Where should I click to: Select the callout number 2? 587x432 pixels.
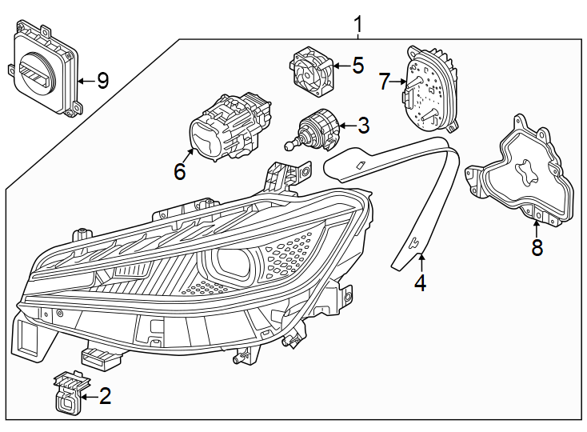coord(105,395)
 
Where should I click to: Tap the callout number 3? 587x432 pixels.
coord(363,126)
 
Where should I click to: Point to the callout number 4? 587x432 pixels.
coord(420,283)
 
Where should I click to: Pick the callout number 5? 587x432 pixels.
coord(357,66)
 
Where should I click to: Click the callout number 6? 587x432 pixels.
coord(179,171)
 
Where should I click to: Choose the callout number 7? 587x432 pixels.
coord(385,82)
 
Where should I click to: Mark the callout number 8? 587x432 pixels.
coord(537,248)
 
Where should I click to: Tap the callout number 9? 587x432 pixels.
coord(102,81)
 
